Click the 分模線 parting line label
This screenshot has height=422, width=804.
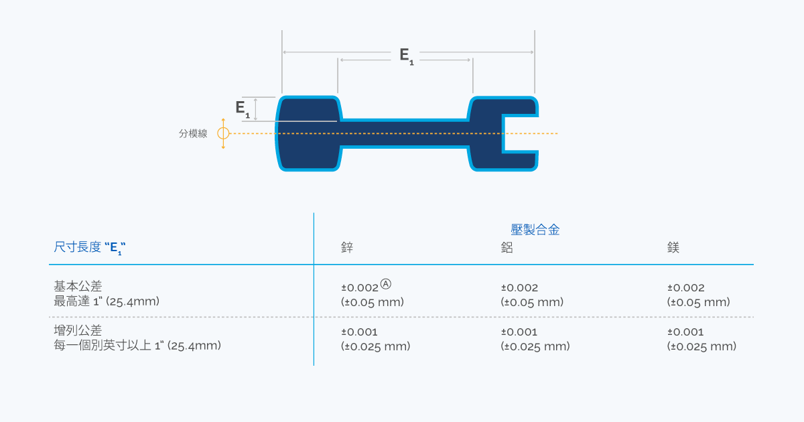coord(193,133)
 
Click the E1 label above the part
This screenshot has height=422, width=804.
coord(407,56)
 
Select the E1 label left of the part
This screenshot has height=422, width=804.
coord(243,109)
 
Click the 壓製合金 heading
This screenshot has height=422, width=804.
coord(535,230)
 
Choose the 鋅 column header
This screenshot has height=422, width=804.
coord(347,247)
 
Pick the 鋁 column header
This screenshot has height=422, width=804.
coord(507,247)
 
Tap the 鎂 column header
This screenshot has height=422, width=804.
coord(673,247)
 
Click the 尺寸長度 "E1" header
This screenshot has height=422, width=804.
coord(90,247)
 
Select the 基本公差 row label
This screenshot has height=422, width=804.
coord(78,286)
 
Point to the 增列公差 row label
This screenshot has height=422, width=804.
coord(78,330)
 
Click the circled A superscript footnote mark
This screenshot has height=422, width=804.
coord(385,284)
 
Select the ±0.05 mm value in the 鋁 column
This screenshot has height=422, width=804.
coord(532,302)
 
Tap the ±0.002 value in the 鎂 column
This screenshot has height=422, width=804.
coord(686,288)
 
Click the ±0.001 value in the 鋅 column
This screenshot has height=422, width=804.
coord(359,332)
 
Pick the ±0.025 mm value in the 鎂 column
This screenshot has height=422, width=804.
coord(701,346)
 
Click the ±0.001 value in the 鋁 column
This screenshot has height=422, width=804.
coord(519,332)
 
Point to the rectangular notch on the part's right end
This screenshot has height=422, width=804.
coord(521,134)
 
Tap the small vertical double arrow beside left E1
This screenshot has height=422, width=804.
coord(255,109)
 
